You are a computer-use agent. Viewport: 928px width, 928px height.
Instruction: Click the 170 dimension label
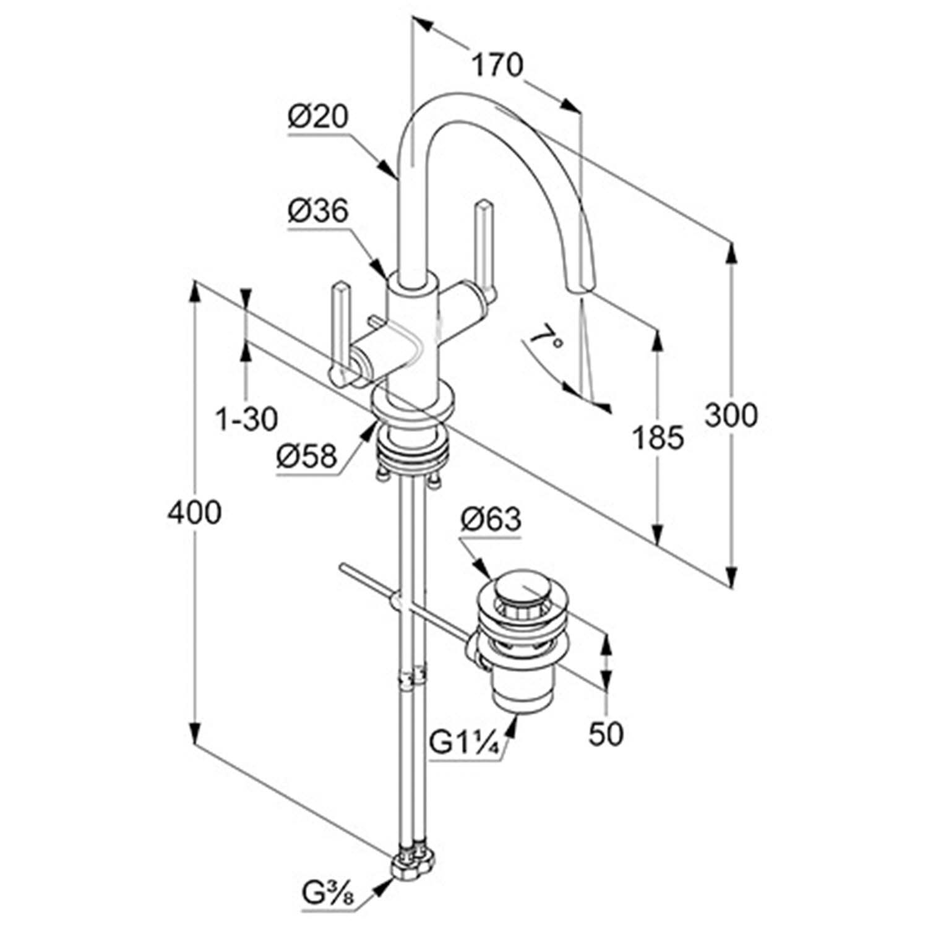[497, 65]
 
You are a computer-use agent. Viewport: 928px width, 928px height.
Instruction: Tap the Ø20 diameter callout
[319, 118]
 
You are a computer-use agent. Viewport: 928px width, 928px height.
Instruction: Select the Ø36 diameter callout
[319, 212]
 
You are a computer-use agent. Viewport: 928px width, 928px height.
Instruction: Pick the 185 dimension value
[658, 438]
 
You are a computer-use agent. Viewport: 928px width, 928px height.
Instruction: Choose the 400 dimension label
[194, 512]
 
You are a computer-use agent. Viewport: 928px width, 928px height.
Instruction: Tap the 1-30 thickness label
[246, 419]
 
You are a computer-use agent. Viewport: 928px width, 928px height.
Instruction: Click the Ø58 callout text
[307, 458]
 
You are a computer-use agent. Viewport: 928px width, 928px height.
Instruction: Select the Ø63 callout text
[491, 520]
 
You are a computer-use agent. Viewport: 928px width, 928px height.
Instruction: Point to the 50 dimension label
[606, 734]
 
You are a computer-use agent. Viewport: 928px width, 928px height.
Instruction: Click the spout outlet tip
[583, 289]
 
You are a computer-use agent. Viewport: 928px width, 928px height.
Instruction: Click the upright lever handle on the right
[483, 247]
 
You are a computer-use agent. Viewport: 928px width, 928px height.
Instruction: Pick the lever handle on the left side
[340, 328]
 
